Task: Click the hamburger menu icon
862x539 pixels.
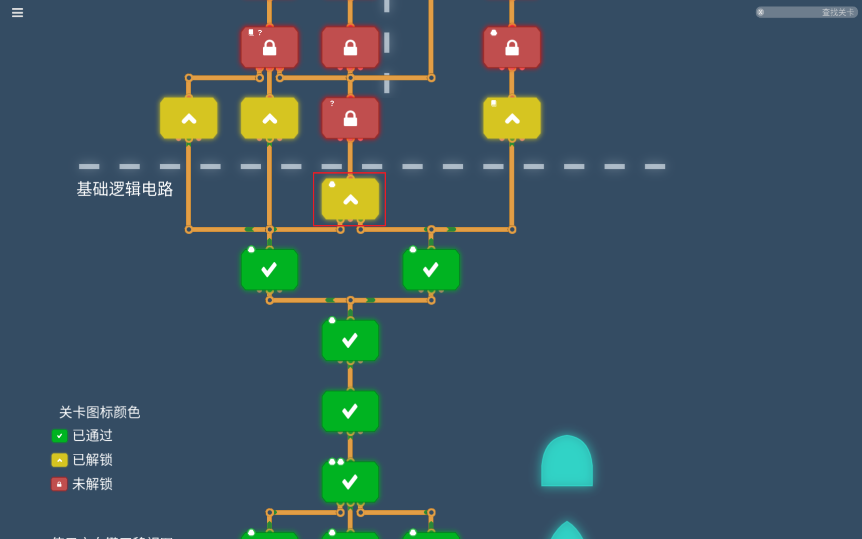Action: (17, 13)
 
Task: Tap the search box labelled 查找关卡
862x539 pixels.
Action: (806, 12)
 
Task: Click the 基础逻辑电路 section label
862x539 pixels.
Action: (125, 189)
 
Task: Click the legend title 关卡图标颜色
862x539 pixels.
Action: (99, 412)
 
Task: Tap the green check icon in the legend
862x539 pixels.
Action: (60, 436)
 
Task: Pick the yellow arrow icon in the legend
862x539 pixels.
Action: (60, 460)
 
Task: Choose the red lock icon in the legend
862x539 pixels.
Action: (60, 484)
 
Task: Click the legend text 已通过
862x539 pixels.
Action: (93, 436)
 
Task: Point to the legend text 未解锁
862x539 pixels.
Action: (93, 484)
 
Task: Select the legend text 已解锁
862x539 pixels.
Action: (93, 460)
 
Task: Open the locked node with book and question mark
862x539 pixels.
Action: (269, 47)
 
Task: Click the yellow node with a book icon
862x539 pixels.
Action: (512, 118)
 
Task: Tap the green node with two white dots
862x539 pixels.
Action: (350, 482)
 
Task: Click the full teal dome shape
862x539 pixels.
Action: (567, 462)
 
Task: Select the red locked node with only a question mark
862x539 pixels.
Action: (350, 118)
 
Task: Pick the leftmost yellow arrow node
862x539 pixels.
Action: (189, 118)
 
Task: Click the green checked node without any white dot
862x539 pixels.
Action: (350, 411)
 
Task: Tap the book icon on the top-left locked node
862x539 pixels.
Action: (251, 32)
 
